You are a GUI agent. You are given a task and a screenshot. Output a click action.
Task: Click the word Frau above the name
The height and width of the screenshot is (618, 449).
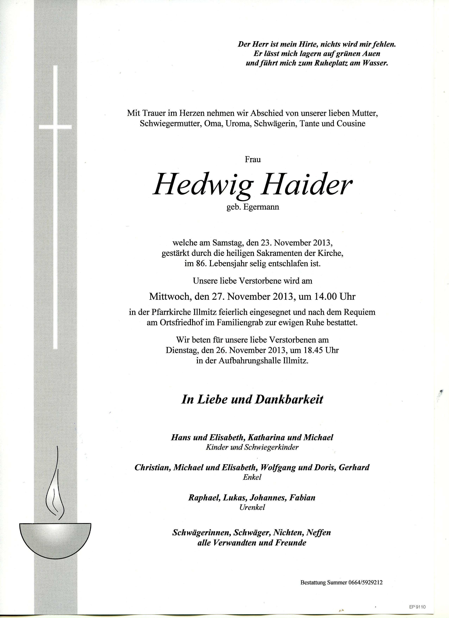(253, 159)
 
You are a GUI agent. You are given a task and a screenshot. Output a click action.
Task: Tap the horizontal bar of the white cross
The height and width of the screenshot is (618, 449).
(55, 127)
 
